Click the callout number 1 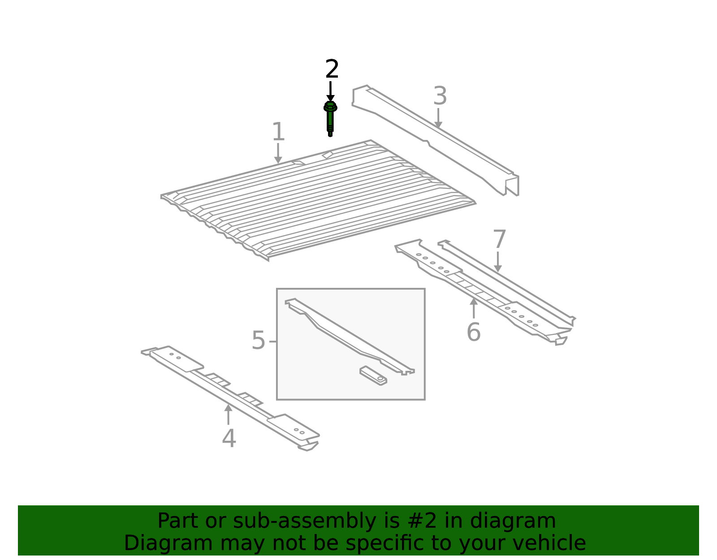278,132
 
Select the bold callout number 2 332,69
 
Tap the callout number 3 440,96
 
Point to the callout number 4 229,438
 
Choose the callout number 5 259,340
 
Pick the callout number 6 474,332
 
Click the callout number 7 499,239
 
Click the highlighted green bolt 330,119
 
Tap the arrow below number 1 278,153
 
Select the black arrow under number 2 330,91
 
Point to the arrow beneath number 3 438,118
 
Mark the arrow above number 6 474,308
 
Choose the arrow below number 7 498,262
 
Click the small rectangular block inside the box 373,376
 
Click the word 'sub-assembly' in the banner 305,521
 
